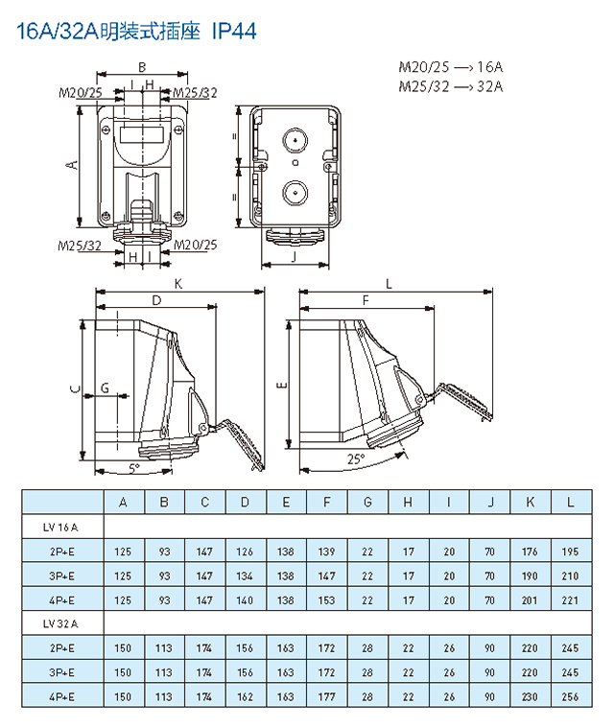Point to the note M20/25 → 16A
point(451,67)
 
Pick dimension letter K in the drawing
point(178,284)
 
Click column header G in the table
point(367,502)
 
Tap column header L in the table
point(571,502)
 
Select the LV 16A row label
point(61,527)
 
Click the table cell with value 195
point(571,552)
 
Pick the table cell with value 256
point(571,695)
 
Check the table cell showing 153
point(326,599)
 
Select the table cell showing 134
point(245,575)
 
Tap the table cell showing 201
point(531,599)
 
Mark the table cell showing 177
point(326,695)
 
